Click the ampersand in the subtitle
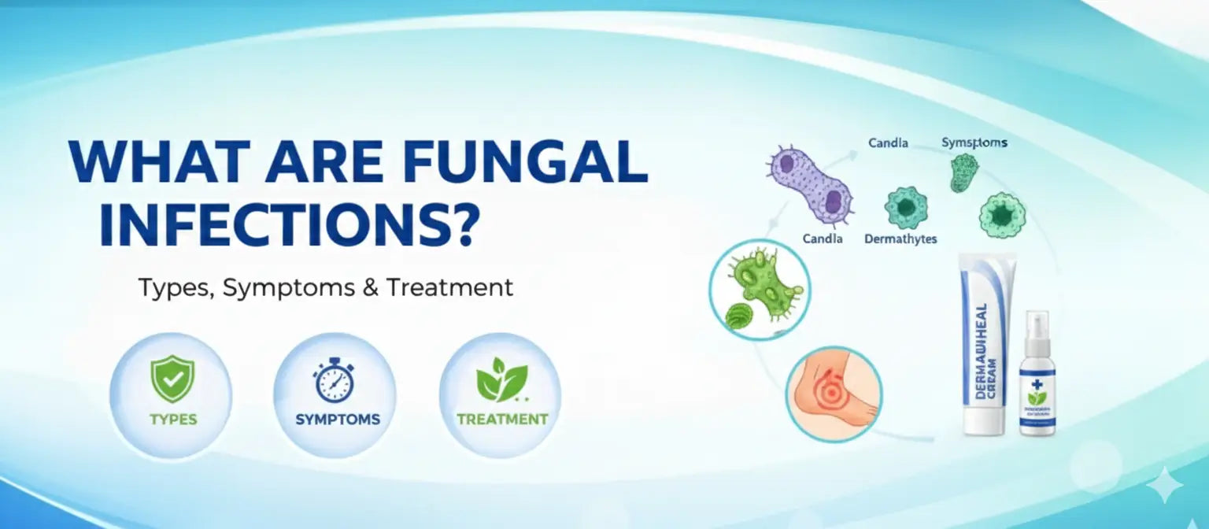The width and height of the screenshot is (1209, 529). [x=371, y=288]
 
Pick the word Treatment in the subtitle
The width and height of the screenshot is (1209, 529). [x=449, y=288]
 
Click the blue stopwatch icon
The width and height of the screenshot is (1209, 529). [x=335, y=380]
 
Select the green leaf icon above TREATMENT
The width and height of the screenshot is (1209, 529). [x=501, y=379]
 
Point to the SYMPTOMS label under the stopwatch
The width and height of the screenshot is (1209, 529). [x=338, y=420]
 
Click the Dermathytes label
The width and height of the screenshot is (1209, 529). [x=900, y=239]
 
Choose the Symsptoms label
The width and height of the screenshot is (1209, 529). [x=974, y=143]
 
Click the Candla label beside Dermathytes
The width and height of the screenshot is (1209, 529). [x=824, y=239]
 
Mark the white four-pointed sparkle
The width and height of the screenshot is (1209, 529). [x=1163, y=485]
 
